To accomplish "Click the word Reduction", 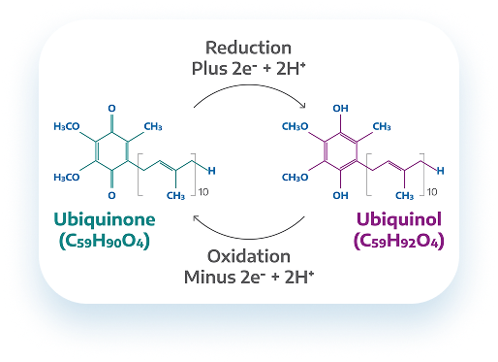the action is tap(248, 48).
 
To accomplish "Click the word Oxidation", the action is tap(249, 256).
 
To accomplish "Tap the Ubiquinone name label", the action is tap(105, 219).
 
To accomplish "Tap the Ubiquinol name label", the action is tap(399, 219).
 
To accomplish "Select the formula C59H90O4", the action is tap(105, 241).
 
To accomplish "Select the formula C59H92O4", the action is tap(399, 241).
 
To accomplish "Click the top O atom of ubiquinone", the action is tap(111, 109).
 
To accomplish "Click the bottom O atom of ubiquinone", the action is tap(111, 195).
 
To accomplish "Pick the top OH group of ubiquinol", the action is tap(341, 109).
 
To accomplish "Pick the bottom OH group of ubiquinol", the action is tap(341, 195).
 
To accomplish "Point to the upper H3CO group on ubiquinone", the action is tap(67, 126).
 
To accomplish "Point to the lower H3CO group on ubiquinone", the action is tap(67, 178).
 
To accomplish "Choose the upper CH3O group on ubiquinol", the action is tap(296, 126).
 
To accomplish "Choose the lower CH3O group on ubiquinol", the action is tap(296, 178).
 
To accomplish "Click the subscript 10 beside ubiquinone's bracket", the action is tap(203, 192).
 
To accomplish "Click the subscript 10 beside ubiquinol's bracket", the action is tap(432, 192).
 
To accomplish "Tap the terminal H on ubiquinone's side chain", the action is tap(211, 171).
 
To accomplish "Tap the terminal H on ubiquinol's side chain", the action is tap(441, 171).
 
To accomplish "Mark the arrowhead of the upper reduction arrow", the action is tap(303, 106).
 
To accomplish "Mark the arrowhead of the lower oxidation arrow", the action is tap(195, 217).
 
